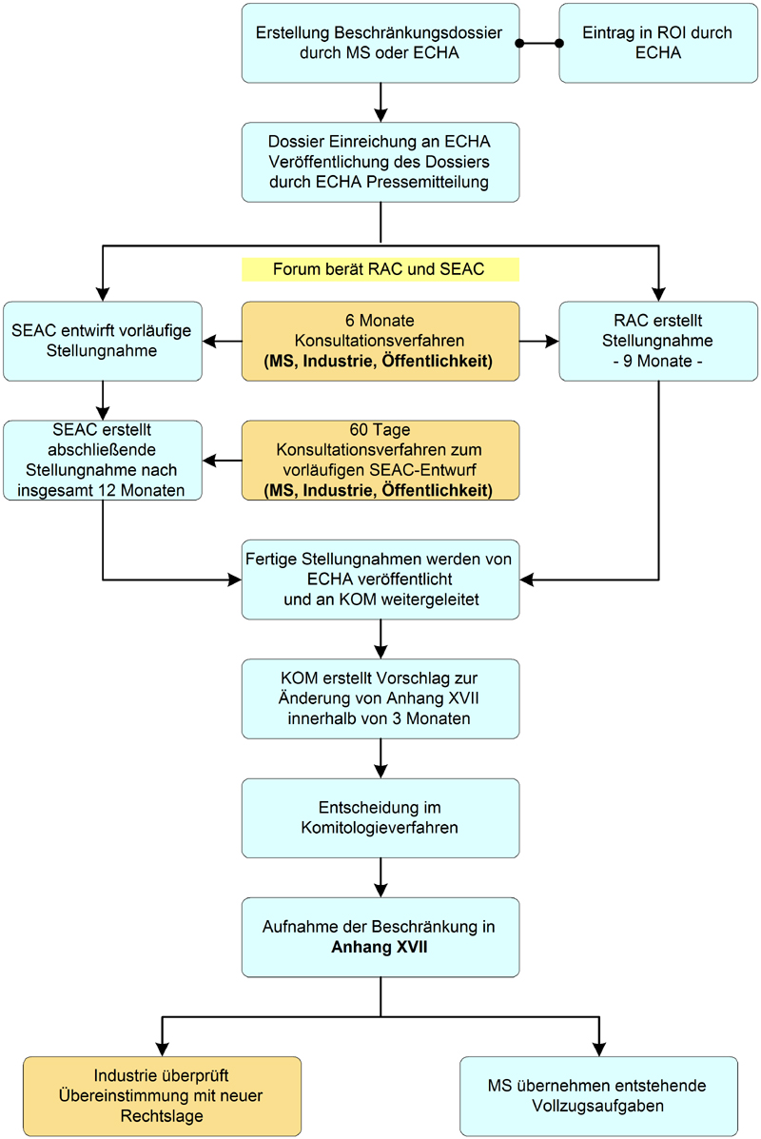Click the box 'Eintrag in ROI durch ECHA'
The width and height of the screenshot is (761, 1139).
coord(657,43)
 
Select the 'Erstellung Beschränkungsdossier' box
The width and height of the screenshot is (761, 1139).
coord(380,43)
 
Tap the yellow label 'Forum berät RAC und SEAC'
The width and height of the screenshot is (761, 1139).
coord(380,269)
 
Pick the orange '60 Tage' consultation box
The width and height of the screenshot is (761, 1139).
coord(380,461)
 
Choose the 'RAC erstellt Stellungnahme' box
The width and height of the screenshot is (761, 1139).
coord(657,342)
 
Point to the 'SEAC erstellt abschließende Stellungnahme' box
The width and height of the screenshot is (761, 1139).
coord(103,461)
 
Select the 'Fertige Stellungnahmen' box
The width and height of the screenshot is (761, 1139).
coord(380,579)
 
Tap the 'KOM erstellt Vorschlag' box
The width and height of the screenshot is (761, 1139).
coord(380,698)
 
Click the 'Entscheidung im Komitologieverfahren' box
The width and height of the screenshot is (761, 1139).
coord(380,817)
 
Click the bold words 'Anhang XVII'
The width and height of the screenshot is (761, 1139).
coord(380,947)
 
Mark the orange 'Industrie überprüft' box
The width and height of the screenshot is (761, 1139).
coord(162,1096)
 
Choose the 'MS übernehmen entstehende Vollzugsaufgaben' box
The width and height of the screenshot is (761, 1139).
coord(598,1096)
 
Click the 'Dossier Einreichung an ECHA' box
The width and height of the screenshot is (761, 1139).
coord(380,162)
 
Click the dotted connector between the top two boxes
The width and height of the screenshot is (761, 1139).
coord(538,44)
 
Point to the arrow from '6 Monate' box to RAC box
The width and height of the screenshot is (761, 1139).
coord(539,339)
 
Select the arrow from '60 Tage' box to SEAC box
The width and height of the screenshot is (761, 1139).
coord(223,461)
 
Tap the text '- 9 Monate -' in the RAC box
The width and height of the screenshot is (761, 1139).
coord(657,362)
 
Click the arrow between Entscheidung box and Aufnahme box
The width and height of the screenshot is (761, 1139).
coord(380,877)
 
